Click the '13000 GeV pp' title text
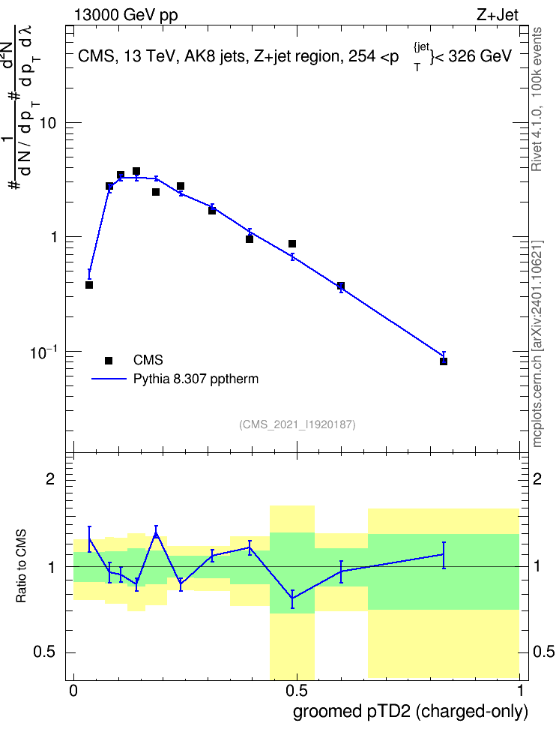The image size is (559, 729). click(x=126, y=15)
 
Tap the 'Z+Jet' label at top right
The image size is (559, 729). click(x=498, y=15)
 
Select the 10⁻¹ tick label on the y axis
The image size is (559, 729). click(x=43, y=353)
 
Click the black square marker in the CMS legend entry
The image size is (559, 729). click(x=109, y=360)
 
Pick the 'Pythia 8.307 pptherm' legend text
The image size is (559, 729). click(x=196, y=379)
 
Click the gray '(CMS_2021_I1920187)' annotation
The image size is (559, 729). click(x=297, y=424)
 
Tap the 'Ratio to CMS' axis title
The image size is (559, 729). click(x=22, y=565)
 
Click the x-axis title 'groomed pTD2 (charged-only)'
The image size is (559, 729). click(x=411, y=712)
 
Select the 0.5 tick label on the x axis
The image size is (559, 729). click(x=297, y=691)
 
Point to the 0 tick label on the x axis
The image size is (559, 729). click(x=73, y=691)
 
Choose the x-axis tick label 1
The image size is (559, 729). click(x=521, y=691)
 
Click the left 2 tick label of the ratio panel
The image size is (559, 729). click(x=50, y=478)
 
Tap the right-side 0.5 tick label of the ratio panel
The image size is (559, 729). click(x=543, y=652)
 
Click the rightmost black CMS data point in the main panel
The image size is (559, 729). click(x=444, y=361)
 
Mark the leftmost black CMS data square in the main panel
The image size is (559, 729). click(x=89, y=285)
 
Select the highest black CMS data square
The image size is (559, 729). click(x=136, y=171)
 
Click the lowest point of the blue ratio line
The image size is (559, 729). click(x=292, y=598)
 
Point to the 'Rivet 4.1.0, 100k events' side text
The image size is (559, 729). click(x=537, y=99)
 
